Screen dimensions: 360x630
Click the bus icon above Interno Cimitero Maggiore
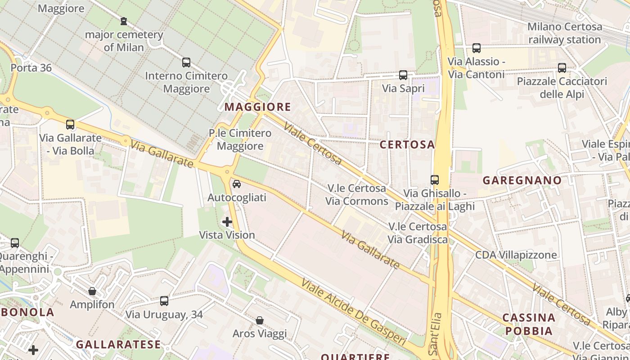coord(186,63)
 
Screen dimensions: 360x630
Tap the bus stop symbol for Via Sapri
coord(403,75)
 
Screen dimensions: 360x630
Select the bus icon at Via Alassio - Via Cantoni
coord(476,48)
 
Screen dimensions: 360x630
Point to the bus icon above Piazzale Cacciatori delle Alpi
coord(562,68)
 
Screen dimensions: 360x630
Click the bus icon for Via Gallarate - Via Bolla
coord(70,125)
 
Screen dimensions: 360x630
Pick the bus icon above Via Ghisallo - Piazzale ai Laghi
coord(434,180)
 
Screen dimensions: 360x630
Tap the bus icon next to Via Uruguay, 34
coord(164,301)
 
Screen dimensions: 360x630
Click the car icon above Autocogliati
coord(236,184)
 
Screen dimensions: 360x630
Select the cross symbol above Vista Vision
coord(227,222)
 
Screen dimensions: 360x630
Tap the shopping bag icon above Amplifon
coord(92,291)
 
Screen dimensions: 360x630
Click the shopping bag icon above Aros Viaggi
coord(260,320)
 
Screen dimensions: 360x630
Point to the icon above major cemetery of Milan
coord(124,21)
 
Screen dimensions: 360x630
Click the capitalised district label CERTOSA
coord(407,144)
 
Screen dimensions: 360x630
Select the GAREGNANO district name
coord(522,180)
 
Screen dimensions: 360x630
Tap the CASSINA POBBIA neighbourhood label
coord(529,324)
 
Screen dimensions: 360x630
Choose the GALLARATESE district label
coord(118,345)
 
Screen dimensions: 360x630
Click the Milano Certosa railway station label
coord(564,33)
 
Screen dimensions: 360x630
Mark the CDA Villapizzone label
coord(516,255)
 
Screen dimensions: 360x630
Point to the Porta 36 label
coord(31,68)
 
